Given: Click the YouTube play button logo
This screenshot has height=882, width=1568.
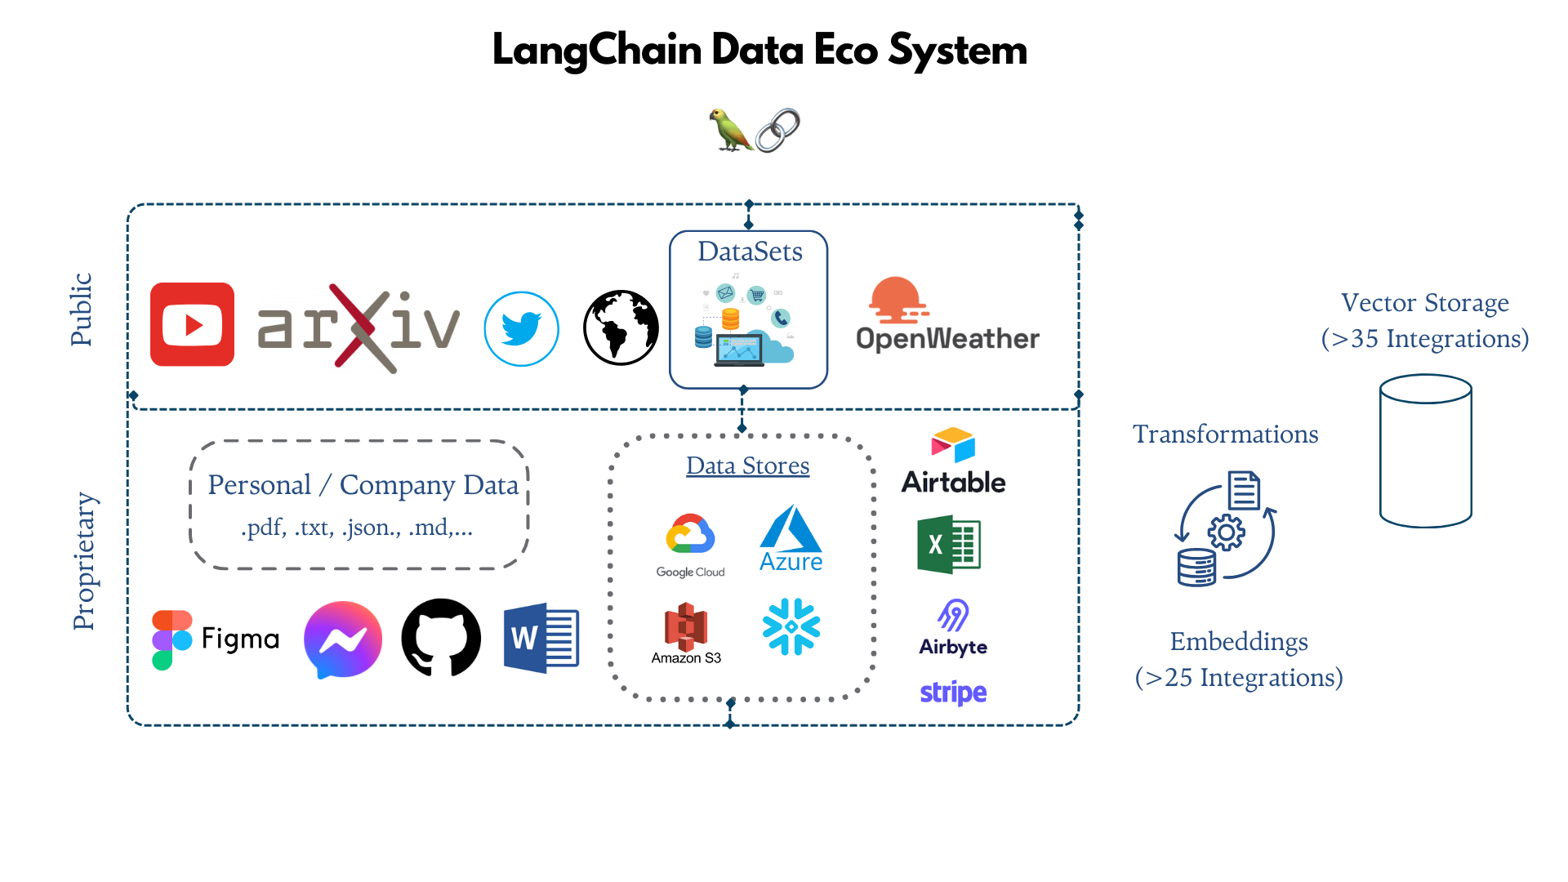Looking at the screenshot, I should pos(193,324).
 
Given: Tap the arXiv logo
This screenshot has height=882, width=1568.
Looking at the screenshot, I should pos(358,327).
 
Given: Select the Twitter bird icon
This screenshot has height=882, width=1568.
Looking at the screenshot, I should pos(521,328).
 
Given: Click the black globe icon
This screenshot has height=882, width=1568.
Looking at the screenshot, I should pos(621,327).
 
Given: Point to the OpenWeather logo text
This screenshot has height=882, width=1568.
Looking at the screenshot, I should pos(947,338).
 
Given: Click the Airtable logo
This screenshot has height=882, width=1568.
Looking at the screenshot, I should pos(953,462).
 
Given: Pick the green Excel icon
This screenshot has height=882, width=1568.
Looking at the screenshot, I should pos(948,545).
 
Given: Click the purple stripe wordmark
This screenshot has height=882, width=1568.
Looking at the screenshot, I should pos(953,693).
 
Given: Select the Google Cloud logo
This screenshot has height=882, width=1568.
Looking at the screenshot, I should pos(690,546).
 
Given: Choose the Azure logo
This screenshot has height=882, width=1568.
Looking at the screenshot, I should pos(791,539).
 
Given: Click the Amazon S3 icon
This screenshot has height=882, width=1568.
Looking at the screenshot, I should pos(686,634).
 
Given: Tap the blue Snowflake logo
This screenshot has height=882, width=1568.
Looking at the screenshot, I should pos(791,626).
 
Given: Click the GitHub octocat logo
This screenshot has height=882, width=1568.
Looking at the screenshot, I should pos(441,638).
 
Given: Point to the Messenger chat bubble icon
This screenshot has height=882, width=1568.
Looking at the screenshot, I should pos(343,639).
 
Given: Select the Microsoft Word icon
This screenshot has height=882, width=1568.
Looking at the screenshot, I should pos(541,638).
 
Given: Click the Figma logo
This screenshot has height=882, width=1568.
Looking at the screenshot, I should pos(216,639).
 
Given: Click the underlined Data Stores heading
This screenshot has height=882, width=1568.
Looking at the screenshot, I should pos(747,465).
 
